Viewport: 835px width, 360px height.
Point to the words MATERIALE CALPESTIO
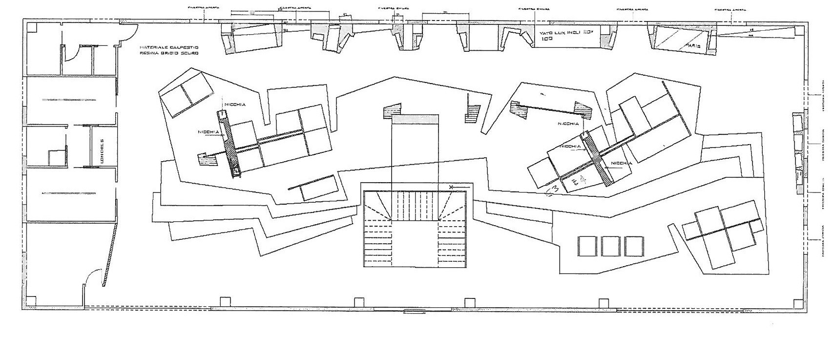168,47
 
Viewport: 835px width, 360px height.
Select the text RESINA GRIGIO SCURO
168,53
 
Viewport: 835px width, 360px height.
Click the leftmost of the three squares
587,246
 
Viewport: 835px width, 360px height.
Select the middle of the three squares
610,246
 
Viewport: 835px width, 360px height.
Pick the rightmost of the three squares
633,246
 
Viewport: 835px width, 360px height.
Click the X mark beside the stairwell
451,187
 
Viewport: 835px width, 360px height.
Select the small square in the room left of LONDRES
55,157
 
